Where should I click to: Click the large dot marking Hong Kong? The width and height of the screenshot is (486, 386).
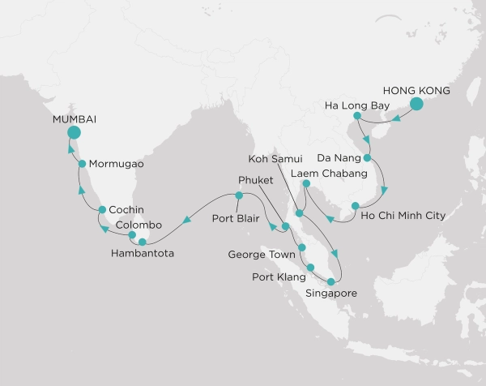417,104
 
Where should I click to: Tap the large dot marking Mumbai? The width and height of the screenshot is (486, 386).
74,133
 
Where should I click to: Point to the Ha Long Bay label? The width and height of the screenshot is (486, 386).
356,105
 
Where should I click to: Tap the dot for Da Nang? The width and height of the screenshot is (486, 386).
367,158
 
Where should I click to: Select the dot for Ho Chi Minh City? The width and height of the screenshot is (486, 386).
355,205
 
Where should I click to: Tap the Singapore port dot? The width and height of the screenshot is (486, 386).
330,282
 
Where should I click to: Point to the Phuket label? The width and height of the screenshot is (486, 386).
258,179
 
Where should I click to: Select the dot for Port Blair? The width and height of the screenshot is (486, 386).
239,195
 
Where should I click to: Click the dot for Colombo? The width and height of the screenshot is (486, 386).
132,236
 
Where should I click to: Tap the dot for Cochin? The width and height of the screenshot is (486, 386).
103,210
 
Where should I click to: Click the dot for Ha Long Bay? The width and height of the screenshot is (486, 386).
356,116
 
